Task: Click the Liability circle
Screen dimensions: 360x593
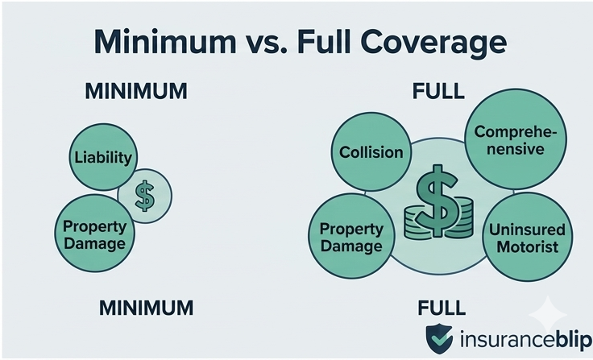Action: (x=102, y=156)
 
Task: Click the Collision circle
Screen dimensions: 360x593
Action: (x=371, y=152)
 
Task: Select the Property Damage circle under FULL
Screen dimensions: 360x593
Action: (x=350, y=235)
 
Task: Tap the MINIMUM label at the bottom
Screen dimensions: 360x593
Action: (x=146, y=307)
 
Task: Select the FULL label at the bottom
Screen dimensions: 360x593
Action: (x=442, y=307)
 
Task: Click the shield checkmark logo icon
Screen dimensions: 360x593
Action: (x=440, y=338)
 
